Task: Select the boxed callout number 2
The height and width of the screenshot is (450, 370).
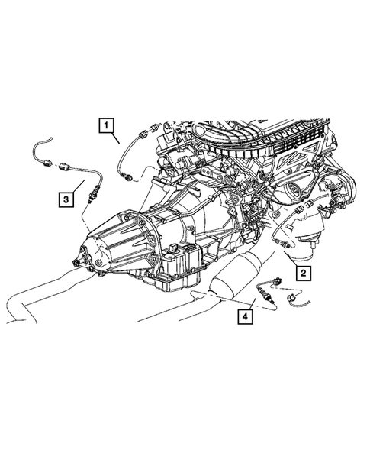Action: click(x=303, y=273)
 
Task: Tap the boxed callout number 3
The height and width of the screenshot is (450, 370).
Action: click(x=67, y=200)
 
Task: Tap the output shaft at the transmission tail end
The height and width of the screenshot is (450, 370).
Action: click(x=76, y=261)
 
